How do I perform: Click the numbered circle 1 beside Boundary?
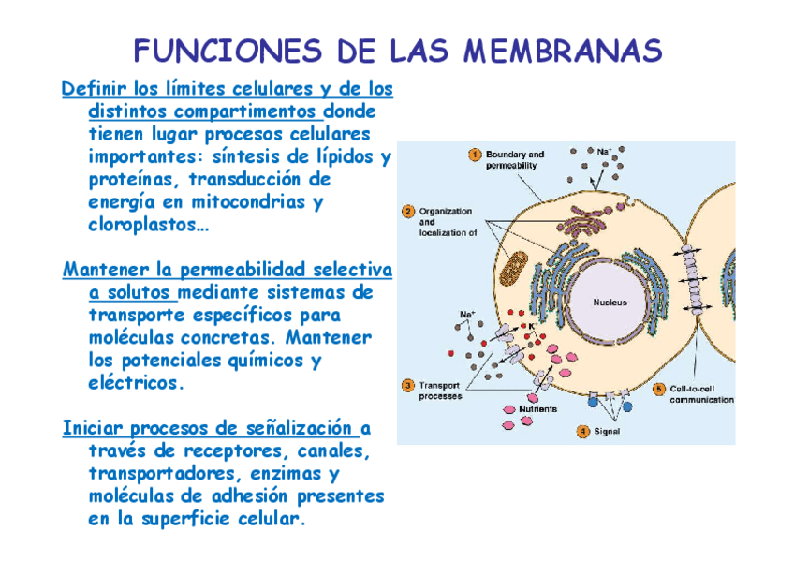click(x=475, y=155)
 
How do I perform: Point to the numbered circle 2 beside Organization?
click(x=407, y=211)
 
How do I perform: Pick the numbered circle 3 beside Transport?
click(x=407, y=385)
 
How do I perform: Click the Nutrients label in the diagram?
click(x=538, y=409)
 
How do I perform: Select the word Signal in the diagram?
click(x=608, y=432)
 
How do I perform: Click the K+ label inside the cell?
click(x=534, y=325)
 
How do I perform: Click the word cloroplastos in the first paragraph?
click(x=144, y=225)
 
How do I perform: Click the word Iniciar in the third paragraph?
click(x=92, y=428)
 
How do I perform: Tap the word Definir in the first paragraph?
click(x=93, y=90)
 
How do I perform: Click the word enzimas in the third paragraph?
click(x=284, y=473)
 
